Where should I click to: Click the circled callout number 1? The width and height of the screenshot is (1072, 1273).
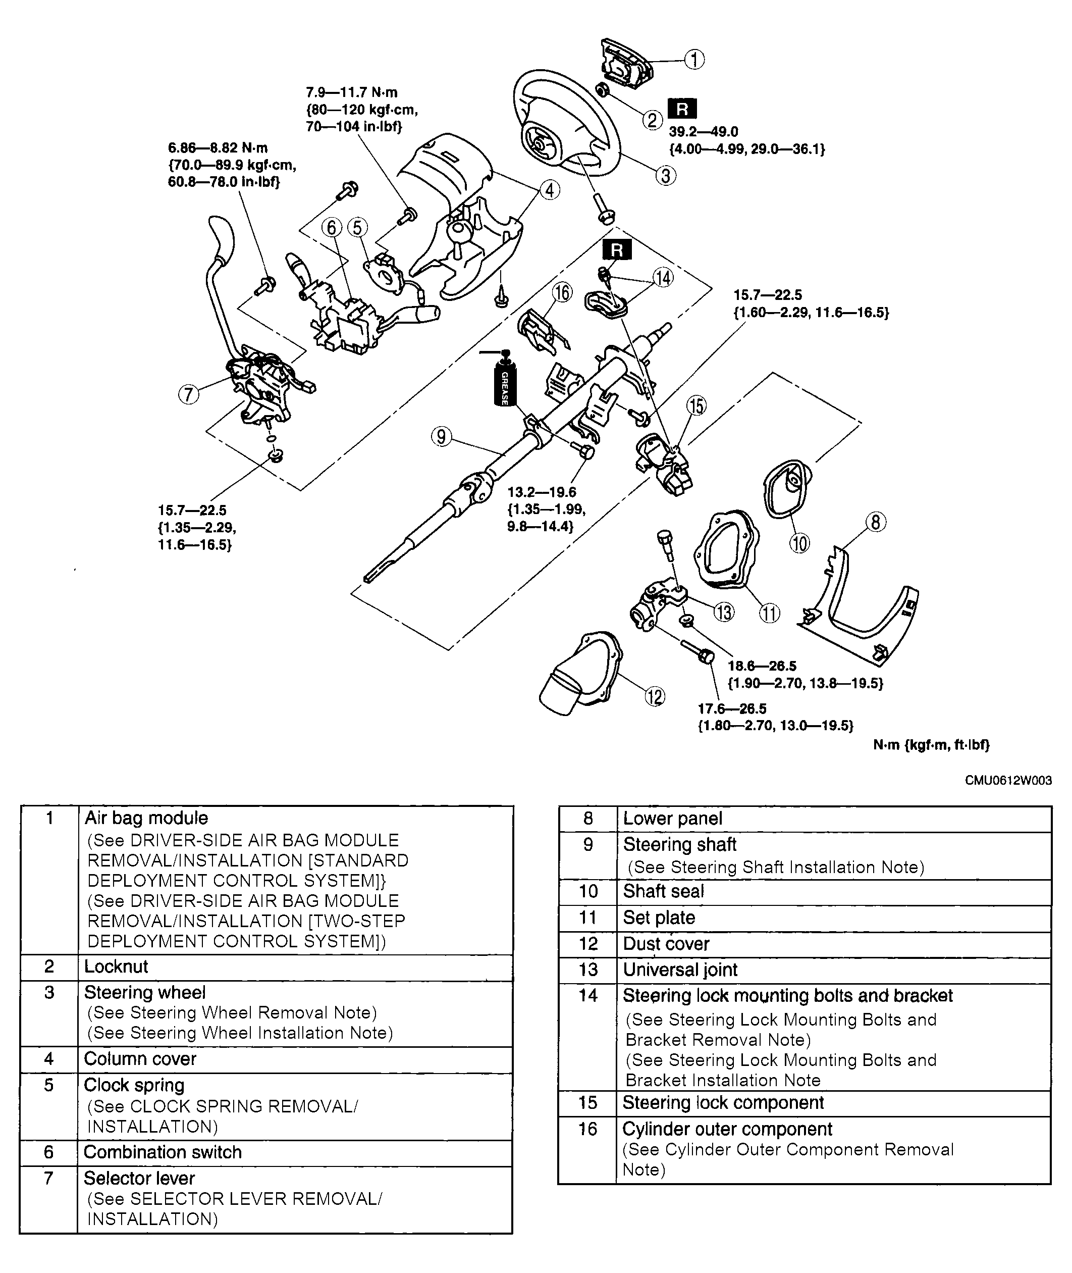(694, 60)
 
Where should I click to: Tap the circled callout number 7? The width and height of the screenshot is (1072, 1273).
(188, 394)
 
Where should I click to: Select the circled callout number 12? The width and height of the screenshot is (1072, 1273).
(655, 697)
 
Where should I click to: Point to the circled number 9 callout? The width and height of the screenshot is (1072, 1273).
(441, 436)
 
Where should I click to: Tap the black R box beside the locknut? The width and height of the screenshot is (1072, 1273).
(682, 109)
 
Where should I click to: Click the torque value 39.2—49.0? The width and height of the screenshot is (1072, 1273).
(703, 132)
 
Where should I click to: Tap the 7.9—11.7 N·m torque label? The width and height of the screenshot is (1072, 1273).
(351, 93)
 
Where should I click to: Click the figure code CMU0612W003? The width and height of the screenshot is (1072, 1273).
(1008, 781)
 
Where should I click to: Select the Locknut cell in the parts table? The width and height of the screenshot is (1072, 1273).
(116, 966)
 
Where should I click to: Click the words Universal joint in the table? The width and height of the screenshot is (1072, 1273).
(680, 970)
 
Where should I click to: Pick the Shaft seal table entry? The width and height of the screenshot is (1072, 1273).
(664, 891)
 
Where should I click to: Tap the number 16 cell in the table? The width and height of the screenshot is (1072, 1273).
(587, 1129)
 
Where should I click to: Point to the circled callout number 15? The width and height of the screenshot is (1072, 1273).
(696, 405)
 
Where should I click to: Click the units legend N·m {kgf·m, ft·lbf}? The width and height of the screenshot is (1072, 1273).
(931, 745)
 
